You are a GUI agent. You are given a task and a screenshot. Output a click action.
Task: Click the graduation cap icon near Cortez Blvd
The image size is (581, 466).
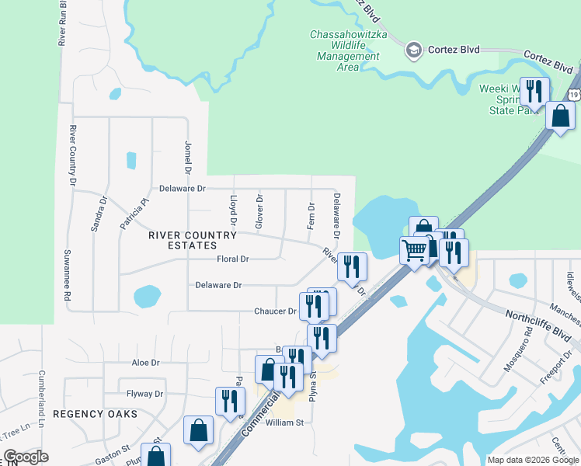tap(414, 50)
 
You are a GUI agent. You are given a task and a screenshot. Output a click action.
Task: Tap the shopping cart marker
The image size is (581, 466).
tap(414, 250)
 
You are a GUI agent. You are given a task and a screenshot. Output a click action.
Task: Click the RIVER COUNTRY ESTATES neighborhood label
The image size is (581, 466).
tap(193, 240)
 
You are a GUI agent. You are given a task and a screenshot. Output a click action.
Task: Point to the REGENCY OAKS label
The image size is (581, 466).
tap(95, 414)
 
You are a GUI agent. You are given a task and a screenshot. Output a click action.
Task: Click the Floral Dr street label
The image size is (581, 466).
tap(233, 259)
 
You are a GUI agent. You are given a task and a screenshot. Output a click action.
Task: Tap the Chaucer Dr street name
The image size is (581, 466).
tap(276, 311)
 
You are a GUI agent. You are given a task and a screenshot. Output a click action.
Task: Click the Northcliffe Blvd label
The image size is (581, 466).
tap(538, 327)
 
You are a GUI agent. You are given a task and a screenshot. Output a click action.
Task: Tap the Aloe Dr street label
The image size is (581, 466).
tap(145, 363)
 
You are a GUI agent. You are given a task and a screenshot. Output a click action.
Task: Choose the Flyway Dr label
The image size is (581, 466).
tap(148, 394)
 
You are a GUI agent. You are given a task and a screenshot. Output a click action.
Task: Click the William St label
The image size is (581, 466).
tap(284, 423)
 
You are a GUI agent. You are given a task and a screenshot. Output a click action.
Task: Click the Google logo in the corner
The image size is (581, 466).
tap(26, 457)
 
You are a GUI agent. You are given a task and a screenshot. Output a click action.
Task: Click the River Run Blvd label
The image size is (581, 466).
tap(62, 23)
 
